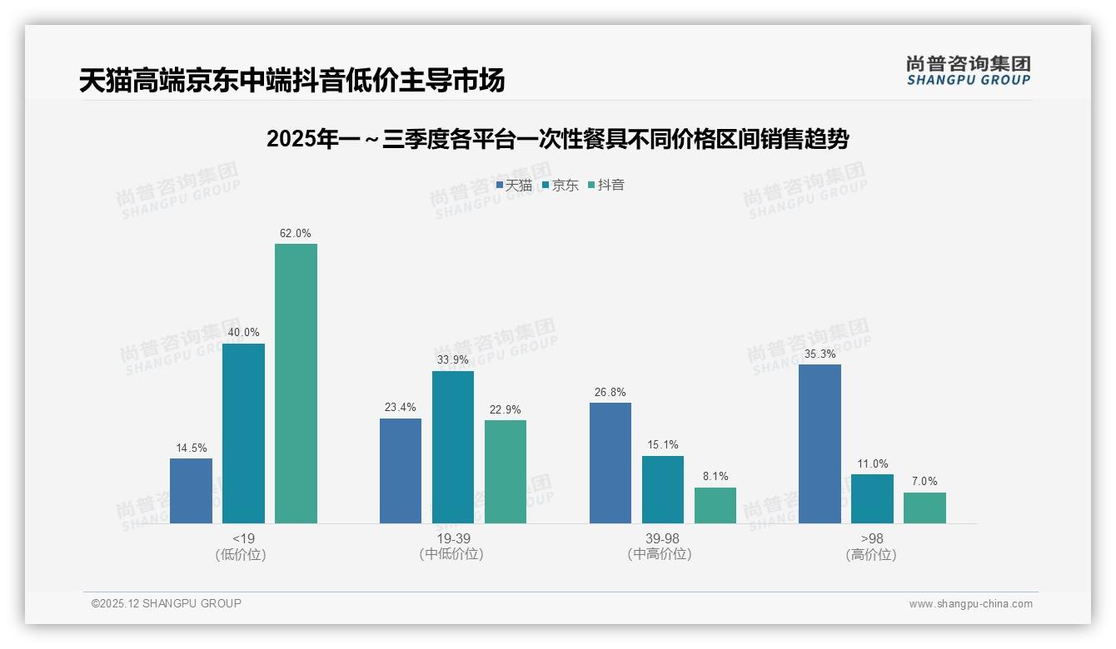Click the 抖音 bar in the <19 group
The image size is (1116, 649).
pos(296,384)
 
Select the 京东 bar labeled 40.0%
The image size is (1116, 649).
pos(243,433)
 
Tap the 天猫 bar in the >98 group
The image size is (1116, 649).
pos(820,443)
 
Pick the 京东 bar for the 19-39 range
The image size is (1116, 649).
pos(453,447)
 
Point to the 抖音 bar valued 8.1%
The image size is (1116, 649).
pos(715,505)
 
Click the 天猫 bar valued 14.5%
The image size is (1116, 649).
pos(191,491)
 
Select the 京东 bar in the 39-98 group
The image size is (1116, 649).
pos(663,489)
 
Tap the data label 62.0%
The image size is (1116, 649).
pos(296,234)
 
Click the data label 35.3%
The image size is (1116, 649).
pos(820,354)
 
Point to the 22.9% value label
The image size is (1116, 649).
pos(506,410)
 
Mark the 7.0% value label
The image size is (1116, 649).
pos(924,482)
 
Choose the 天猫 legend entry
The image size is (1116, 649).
pos(514,186)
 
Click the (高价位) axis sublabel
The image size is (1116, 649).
pos(871,555)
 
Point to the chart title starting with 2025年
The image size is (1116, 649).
pos(557,140)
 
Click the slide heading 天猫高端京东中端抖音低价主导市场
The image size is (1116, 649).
pos(292,81)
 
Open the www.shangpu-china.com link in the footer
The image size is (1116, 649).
pos(970,604)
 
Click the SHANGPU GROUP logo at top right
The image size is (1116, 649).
pos(968,71)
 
